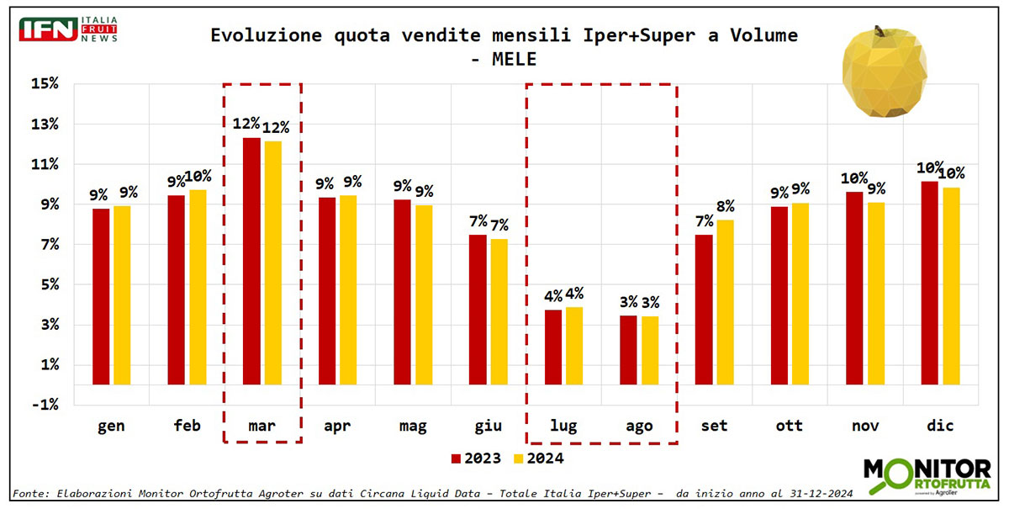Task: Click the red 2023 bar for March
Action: pyautogui.click(x=251, y=261)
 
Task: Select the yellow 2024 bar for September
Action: pyautogui.click(x=725, y=302)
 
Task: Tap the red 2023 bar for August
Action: pyautogui.click(x=627, y=350)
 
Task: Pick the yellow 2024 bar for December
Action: pyautogui.click(x=951, y=286)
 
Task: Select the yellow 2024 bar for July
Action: pyautogui.click(x=574, y=346)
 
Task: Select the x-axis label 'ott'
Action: pyautogui.click(x=790, y=426)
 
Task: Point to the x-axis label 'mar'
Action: pyautogui.click(x=261, y=426)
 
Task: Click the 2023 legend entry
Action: pyautogui.click(x=476, y=459)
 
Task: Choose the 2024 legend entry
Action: pyautogui.click(x=539, y=459)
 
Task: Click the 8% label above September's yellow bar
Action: pyautogui.click(x=725, y=206)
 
